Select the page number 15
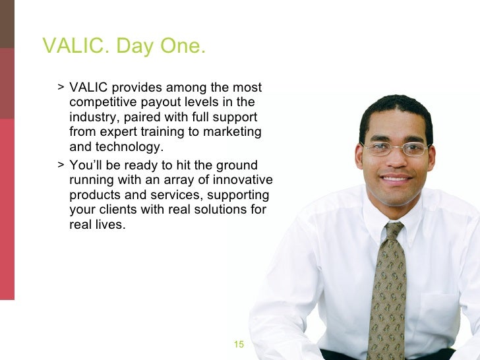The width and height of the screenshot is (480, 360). coord(239,344)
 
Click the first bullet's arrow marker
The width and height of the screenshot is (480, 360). coord(60,88)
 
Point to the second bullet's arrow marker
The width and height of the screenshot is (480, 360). coord(60,165)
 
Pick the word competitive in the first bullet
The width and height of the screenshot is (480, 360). coord(102,102)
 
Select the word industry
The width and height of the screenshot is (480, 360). coord(91,117)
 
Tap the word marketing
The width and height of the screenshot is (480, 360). coord(234,132)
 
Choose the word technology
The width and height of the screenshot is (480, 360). coord(127,146)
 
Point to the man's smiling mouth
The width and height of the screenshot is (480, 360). coord(396,178)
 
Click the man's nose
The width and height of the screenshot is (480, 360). coord(396,160)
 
